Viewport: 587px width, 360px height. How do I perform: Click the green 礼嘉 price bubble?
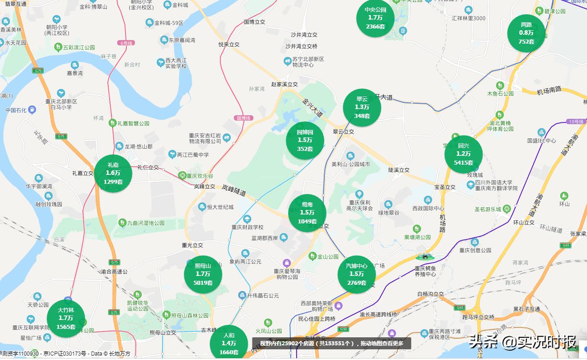click(113, 173)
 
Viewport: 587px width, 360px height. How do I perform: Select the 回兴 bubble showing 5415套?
click(463, 154)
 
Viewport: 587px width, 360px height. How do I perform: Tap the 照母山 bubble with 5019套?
click(203, 274)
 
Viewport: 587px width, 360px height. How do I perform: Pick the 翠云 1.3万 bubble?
click(362, 108)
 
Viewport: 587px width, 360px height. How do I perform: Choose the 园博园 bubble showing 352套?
click(305, 141)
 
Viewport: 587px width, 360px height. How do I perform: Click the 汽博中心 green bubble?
click(356, 274)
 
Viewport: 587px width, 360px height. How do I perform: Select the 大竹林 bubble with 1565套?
click(65, 318)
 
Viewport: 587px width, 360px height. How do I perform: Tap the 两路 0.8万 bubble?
click(526, 33)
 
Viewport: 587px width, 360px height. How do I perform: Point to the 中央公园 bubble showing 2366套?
click(375, 18)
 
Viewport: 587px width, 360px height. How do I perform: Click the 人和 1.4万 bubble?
click(228, 344)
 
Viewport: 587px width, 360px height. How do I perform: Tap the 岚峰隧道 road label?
click(234, 191)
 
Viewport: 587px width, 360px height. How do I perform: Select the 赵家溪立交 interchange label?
click(284, 84)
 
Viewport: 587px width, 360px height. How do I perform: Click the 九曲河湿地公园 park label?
click(146, 223)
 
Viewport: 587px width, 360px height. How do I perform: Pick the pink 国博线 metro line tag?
click(243, 118)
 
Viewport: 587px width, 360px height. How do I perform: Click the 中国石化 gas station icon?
click(32, 109)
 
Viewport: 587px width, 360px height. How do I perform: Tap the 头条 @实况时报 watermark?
click(522, 342)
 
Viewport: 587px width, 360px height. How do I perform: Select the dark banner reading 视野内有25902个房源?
click(331, 343)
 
